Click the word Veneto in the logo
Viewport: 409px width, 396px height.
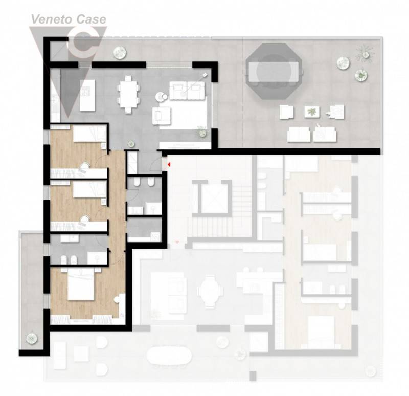48,19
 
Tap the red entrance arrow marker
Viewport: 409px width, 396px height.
169,164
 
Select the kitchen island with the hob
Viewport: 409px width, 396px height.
87,95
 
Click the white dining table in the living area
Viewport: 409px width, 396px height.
128,94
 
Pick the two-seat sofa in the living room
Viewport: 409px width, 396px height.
187,91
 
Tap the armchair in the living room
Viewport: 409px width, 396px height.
162,116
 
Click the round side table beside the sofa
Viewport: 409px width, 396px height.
161,97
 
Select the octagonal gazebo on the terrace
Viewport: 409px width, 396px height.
274,71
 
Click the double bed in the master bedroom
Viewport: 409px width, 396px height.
81,284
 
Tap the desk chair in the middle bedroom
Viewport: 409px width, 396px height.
84,219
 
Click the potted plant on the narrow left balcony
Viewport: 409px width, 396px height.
32,338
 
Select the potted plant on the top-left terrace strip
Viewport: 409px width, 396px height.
120,53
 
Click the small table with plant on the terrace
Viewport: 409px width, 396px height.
312,112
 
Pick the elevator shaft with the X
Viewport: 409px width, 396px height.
212,196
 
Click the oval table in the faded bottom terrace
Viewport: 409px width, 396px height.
169,355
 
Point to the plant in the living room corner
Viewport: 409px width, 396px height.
201,133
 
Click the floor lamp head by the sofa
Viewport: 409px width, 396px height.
205,75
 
